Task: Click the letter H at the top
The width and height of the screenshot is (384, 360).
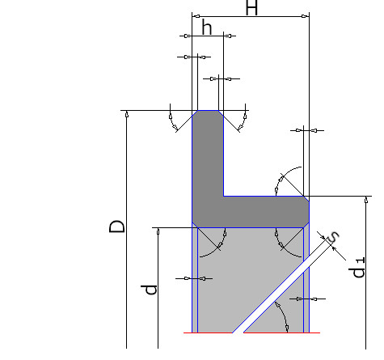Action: click(x=251, y=7)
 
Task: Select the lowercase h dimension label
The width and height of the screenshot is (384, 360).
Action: click(x=207, y=28)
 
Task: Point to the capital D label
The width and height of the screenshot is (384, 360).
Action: click(x=117, y=227)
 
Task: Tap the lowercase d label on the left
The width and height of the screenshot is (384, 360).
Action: click(x=149, y=290)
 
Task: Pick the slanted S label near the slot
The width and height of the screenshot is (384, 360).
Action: click(x=333, y=236)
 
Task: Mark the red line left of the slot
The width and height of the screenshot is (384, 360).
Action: click(x=208, y=332)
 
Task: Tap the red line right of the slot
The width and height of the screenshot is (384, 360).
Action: click(x=281, y=332)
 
